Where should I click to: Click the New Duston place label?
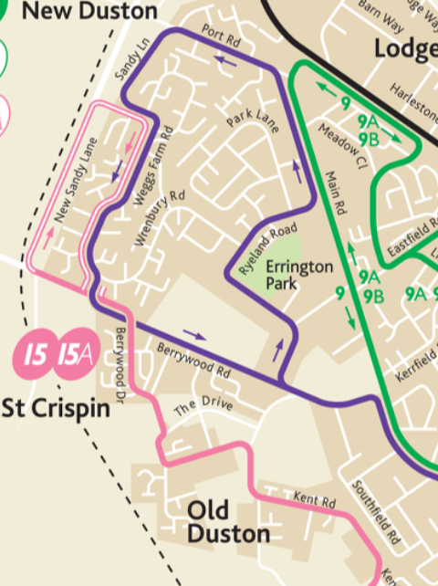[77, 11]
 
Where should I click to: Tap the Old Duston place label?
[230, 521]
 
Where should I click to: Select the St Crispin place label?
[57, 407]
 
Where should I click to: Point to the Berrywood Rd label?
[193, 361]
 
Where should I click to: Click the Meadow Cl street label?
[342, 146]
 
